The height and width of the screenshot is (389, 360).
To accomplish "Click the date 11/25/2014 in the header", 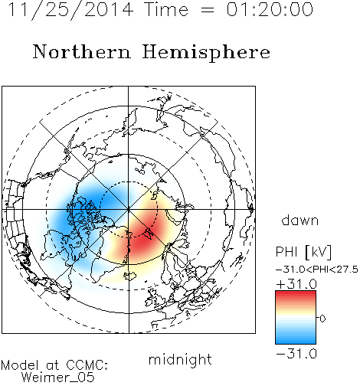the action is click(x=70, y=10).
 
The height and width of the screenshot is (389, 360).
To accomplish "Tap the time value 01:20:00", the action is click(x=270, y=9).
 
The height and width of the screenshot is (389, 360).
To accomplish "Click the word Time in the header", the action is click(x=166, y=9).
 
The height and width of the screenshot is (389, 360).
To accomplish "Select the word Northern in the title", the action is click(x=82, y=51).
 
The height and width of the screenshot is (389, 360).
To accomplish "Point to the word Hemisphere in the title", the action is click(x=206, y=53).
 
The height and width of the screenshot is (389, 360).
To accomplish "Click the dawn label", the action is click(x=300, y=220).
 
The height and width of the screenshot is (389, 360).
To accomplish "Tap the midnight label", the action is click(x=180, y=359).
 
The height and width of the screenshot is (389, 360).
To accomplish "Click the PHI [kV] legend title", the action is click(x=303, y=252).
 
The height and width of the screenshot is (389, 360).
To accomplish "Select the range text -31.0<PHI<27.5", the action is click(x=317, y=270).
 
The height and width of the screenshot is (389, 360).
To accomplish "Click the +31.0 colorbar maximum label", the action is click(x=296, y=284).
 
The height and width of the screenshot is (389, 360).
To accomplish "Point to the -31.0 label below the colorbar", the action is click(x=296, y=354).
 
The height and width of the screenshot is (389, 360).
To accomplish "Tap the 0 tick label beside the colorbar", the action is click(x=322, y=319).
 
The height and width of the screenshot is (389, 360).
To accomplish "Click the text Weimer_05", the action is click(x=57, y=378).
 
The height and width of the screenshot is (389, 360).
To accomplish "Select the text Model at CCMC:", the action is click(x=54, y=365).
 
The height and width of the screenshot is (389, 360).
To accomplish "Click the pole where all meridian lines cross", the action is click(x=129, y=210).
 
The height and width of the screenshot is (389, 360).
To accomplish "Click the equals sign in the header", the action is click(x=208, y=10).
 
